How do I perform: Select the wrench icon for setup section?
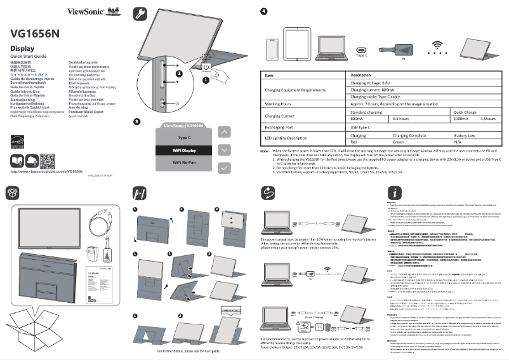(x=141, y=13)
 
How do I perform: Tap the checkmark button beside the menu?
(x=225, y=168)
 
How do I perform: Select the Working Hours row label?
(x=278, y=102)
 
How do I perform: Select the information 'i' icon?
(x=395, y=192)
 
